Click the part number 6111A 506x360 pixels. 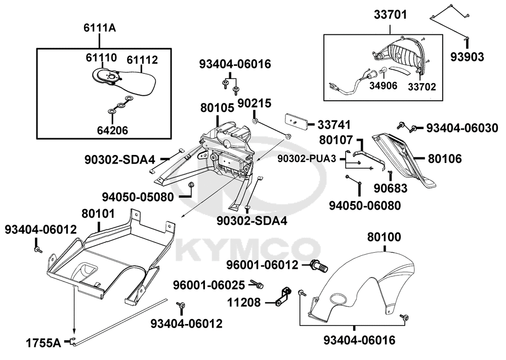(100, 28)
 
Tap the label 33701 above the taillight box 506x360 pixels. (390, 16)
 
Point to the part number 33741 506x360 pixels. (334, 124)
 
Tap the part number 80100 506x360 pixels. (384, 236)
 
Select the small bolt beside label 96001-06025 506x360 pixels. (260, 285)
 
